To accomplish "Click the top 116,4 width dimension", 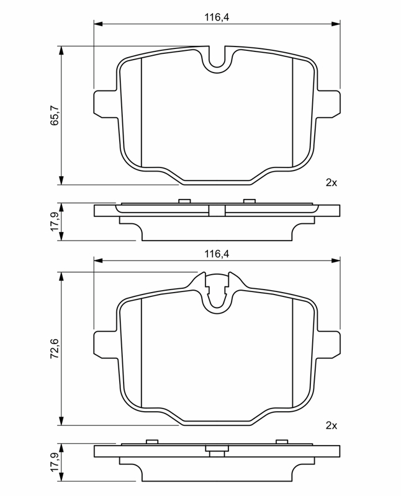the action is (x=217, y=17).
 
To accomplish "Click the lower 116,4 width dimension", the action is (x=217, y=254).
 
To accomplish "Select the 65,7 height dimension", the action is (x=54, y=115).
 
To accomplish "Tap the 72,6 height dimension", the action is (x=54, y=348).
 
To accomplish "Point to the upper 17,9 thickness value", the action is (x=54, y=221).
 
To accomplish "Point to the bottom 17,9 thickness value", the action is (x=54, y=462).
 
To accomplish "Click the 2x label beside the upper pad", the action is (x=331, y=182).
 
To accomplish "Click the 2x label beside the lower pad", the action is (x=331, y=425).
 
